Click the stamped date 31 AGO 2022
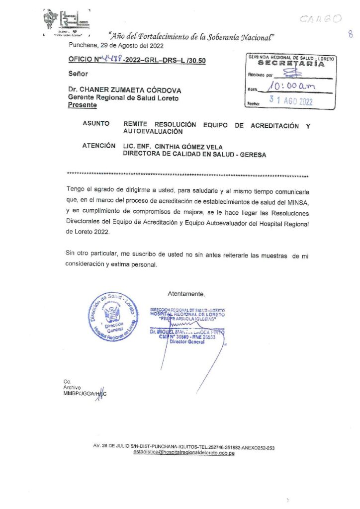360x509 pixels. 291,100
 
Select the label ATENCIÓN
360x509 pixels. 99,146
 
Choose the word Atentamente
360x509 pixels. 186,294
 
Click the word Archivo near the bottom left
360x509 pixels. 72,388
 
